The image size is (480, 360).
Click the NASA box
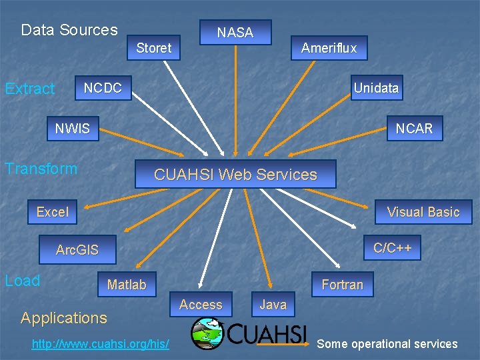(x=235, y=32)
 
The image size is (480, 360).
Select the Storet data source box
(x=154, y=47)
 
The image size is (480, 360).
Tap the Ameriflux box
(x=329, y=47)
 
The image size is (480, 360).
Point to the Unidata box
(x=376, y=88)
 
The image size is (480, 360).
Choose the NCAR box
(x=414, y=129)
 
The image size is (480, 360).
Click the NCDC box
(x=103, y=88)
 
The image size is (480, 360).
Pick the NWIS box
(x=72, y=129)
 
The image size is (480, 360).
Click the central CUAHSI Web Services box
(x=235, y=174)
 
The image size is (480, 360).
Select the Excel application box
(x=52, y=212)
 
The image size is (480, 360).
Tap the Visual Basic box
(x=423, y=212)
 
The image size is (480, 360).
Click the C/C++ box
(x=393, y=248)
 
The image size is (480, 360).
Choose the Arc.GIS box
(x=77, y=250)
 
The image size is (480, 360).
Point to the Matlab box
(x=127, y=285)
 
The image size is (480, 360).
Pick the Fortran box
(x=343, y=285)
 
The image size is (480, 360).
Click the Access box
(x=201, y=305)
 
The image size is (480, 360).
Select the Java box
(x=273, y=305)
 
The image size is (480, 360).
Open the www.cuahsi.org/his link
(x=100, y=344)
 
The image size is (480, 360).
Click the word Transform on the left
(x=41, y=169)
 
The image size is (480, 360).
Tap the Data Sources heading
(x=69, y=30)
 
